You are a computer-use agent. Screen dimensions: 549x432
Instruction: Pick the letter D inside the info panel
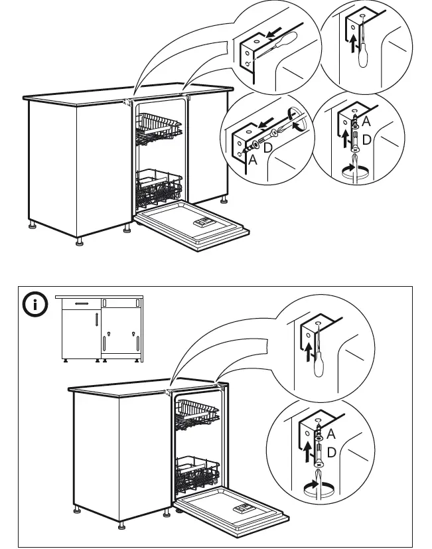(x=331, y=452)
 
